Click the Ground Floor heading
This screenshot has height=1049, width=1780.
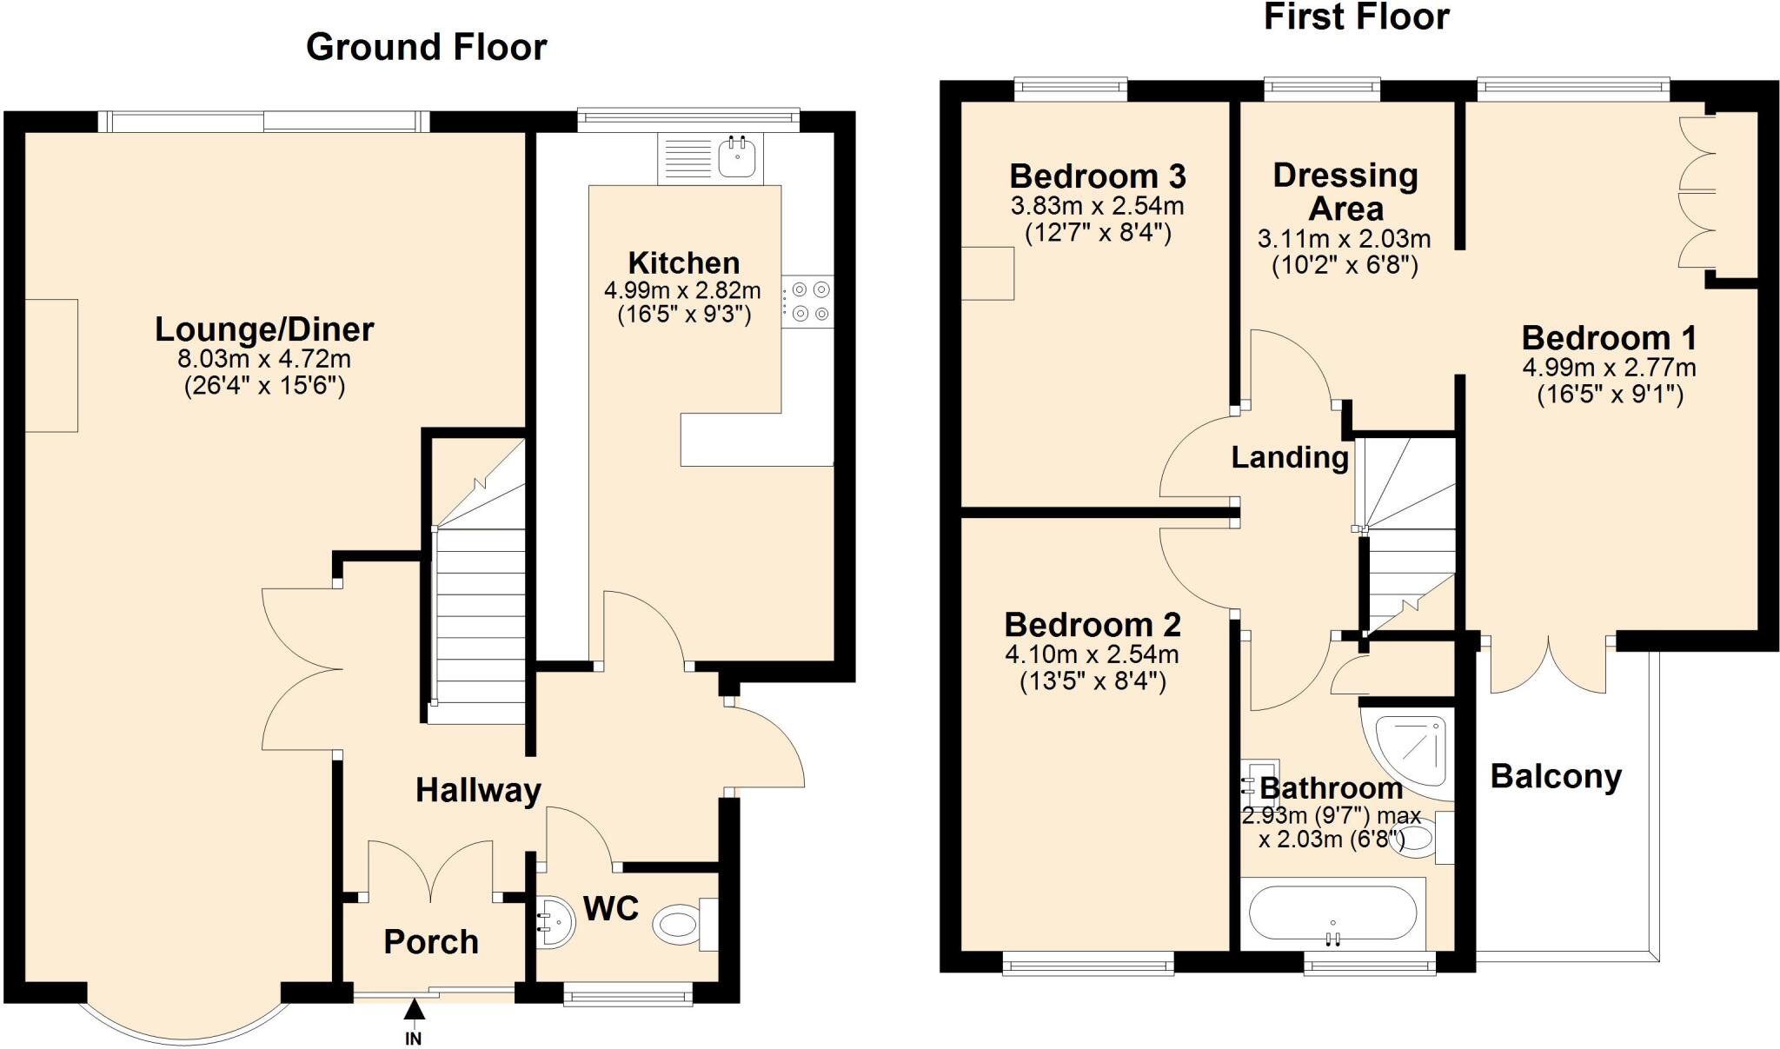click(426, 47)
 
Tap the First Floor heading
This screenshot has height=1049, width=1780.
click(1356, 17)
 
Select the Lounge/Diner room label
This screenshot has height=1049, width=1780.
click(264, 329)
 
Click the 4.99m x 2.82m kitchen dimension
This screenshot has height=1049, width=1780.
click(682, 290)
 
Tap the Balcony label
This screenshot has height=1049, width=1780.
click(1556, 776)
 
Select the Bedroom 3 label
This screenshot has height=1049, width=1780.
click(1097, 176)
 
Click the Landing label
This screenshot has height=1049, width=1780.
click(1290, 457)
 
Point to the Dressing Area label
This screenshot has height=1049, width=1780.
click(1345, 192)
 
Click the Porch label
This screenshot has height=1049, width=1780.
click(431, 942)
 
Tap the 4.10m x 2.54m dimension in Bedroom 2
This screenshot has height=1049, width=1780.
click(1092, 654)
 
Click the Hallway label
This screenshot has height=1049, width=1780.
click(478, 790)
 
